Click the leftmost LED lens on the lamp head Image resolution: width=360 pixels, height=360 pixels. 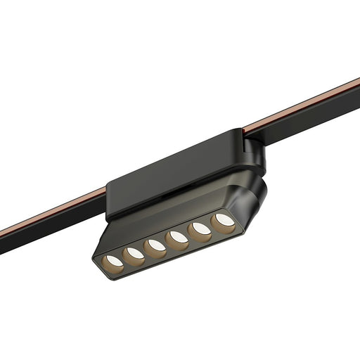click(112, 262)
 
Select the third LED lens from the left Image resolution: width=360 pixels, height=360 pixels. click(156, 245)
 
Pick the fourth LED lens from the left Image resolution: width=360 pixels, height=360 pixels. click(179, 237)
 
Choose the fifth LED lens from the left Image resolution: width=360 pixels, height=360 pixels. click(201, 229)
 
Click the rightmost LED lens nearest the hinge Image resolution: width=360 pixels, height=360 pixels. click(224, 220)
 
